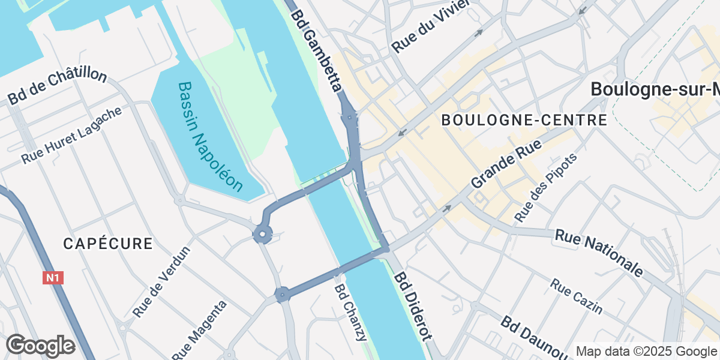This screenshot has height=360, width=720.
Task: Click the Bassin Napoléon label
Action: [211, 137]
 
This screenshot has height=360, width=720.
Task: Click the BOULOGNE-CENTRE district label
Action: [524, 120]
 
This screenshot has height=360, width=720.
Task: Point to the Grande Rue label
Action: [506, 163]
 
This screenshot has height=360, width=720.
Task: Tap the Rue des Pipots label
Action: [546, 187]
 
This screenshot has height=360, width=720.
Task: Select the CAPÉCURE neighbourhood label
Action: [108, 244]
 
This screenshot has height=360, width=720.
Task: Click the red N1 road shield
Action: [53, 278]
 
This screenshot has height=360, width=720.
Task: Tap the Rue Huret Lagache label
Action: [71, 136]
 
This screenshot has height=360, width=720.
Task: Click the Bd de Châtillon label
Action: [58, 88]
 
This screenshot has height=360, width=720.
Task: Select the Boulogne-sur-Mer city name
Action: [655, 89]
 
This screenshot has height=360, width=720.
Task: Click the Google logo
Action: [40, 346]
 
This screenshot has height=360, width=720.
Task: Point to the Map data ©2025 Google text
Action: [646, 351]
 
